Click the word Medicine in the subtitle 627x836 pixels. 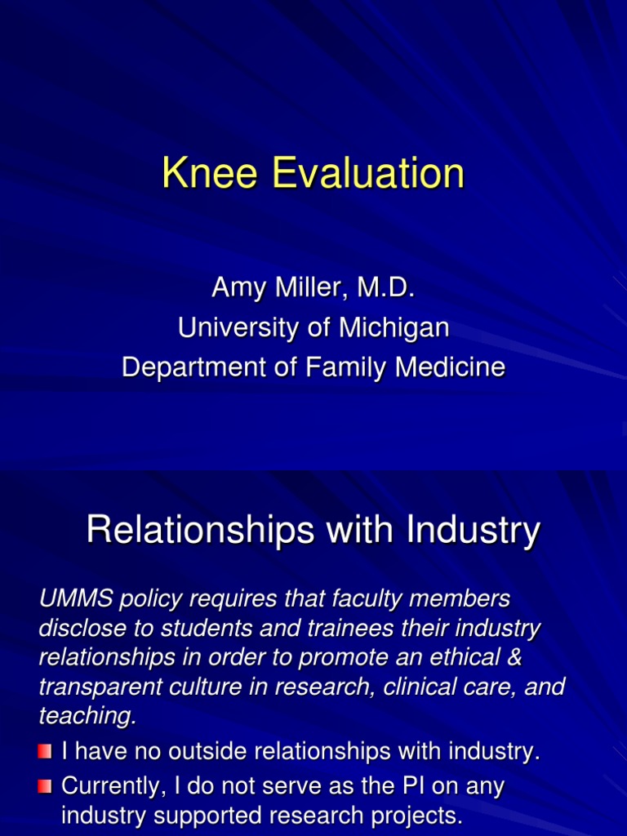[451, 367]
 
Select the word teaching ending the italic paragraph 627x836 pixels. [85, 716]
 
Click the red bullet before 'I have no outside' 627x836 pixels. [45, 750]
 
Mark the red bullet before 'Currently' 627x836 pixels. [45, 787]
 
